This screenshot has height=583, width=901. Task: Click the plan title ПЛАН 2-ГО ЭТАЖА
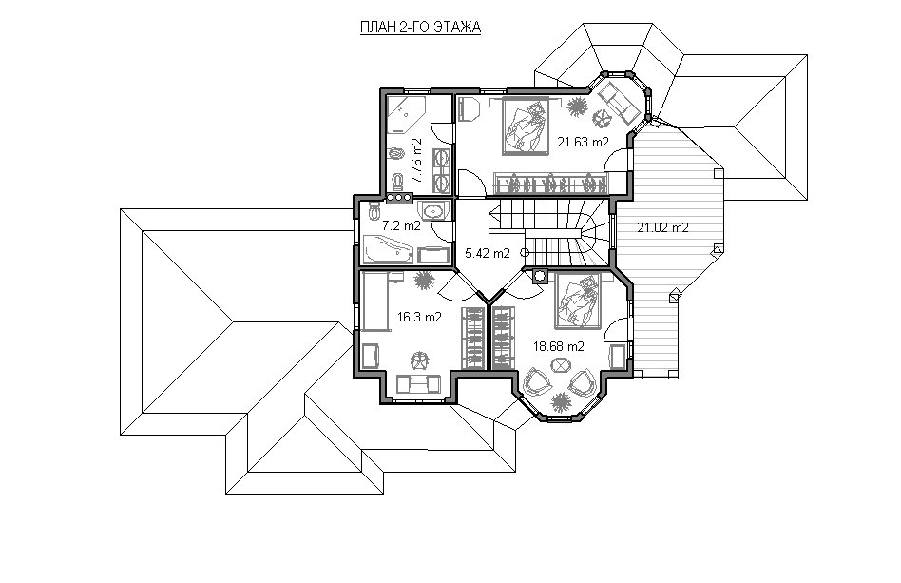pyautogui.click(x=420, y=27)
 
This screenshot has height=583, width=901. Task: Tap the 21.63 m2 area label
pyautogui.click(x=583, y=142)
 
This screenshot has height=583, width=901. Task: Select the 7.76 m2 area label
pyautogui.click(x=416, y=161)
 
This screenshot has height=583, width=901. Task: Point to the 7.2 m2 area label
pyautogui.click(x=401, y=226)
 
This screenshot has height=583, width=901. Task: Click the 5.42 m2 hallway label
pyautogui.click(x=488, y=253)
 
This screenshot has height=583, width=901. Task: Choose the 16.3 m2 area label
pyautogui.click(x=419, y=317)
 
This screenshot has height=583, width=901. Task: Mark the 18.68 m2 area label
pyautogui.click(x=559, y=347)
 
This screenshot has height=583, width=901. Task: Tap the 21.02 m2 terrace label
pyautogui.click(x=662, y=227)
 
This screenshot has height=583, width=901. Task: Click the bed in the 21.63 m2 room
pyautogui.click(x=526, y=126)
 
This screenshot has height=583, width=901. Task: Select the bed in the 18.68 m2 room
pyautogui.click(x=578, y=301)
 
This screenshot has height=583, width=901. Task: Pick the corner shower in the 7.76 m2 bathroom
pyautogui.click(x=405, y=115)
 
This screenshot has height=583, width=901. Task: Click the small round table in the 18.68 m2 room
pyautogui.click(x=560, y=365)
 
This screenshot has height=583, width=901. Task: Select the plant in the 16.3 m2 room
pyautogui.click(x=424, y=280)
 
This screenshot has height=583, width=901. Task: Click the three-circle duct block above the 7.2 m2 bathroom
pyautogui.click(x=399, y=198)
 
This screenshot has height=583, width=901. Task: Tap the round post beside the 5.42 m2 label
pyautogui.click(x=524, y=252)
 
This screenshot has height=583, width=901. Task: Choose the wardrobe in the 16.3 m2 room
pyautogui.click(x=474, y=338)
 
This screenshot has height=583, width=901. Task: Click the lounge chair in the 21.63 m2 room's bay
pyautogui.click(x=620, y=103)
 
